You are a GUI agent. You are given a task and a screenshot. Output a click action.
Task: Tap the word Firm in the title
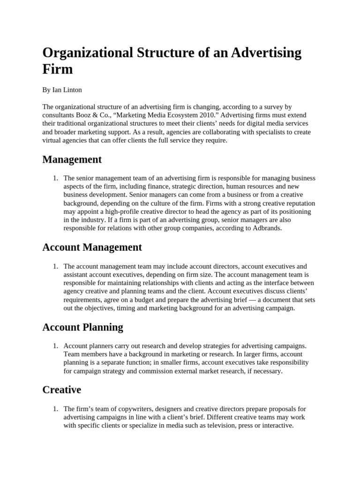(x=58, y=69)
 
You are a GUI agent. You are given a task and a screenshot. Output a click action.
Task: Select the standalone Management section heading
(x=72, y=159)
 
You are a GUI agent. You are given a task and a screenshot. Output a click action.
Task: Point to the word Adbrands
(x=266, y=228)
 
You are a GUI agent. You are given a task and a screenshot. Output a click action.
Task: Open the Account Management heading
(x=92, y=247)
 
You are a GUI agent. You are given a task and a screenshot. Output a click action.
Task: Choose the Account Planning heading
(x=82, y=327)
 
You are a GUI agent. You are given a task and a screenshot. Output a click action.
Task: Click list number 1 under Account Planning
(x=55, y=345)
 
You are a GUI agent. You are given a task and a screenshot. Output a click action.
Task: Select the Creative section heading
(x=61, y=390)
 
